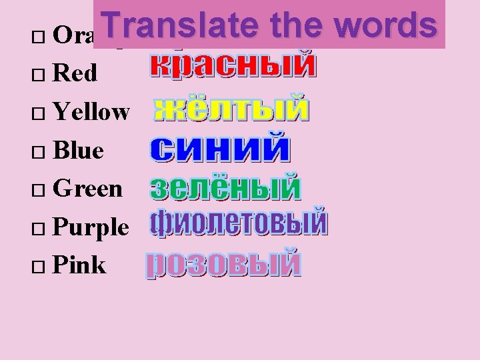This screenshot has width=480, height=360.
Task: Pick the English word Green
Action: pos(87,189)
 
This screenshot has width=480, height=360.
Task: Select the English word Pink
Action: pos(79,265)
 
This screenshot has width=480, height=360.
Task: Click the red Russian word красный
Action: pos(231,67)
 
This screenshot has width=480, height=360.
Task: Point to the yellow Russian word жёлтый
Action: pos(231,109)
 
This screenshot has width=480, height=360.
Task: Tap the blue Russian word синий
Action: pos(220,148)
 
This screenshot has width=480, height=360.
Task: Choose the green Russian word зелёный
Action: pos(226,187)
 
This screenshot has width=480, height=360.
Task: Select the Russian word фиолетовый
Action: pos(238,223)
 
